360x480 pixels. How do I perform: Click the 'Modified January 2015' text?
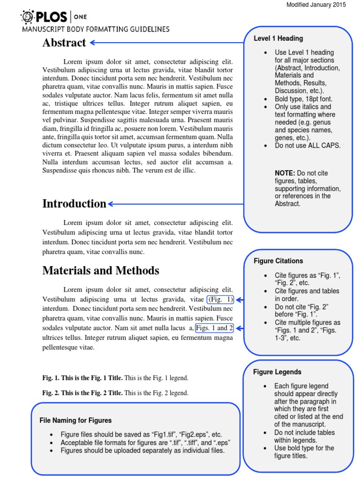[x=316, y=5]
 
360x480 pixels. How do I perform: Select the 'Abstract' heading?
[x=64, y=43]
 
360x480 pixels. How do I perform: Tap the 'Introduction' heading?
[x=75, y=203]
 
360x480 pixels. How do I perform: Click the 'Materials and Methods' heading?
[x=101, y=270]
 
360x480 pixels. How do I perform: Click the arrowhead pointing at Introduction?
[x=111, y=204]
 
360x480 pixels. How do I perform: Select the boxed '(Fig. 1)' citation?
[x=220, y=300]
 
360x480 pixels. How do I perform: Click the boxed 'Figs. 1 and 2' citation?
[x=215, y=328]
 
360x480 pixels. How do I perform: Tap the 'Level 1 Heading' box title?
[x=278, y=38]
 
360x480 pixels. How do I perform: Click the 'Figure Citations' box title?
[x=278, y=261]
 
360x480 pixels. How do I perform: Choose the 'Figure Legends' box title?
[x=277, y=372]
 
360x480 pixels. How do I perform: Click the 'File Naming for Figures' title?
[x=75, y=420]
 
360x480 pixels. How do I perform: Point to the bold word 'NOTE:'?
[x=285, y=173]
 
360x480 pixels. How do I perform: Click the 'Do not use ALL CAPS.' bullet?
[x=307, y=145]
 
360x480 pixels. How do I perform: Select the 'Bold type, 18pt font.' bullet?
[x=305, y=99]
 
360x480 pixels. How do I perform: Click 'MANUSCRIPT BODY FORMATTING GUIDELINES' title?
[x=96, y=29]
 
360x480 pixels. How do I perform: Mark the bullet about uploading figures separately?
[x=142, y=450]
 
